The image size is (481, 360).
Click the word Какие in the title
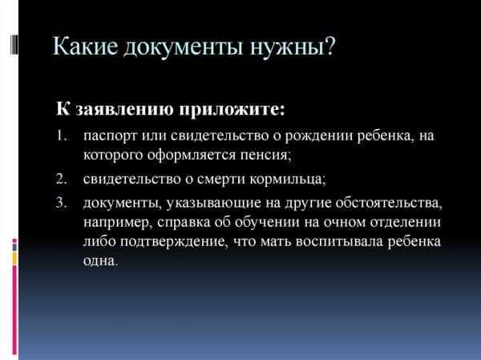pos(86,46)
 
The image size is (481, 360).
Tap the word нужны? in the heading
pos(293,47)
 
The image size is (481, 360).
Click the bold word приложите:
pos(232,110)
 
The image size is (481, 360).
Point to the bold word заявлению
pos(124,110)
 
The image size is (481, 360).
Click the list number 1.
pos(62,136)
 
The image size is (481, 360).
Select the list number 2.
pos(62,179)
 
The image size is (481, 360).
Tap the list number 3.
pos(62,203)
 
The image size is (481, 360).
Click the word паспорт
pos(110,136)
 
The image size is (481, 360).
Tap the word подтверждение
pos(174,242)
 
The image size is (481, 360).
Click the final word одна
pos(100,261)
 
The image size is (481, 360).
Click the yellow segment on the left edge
pos(14,258)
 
